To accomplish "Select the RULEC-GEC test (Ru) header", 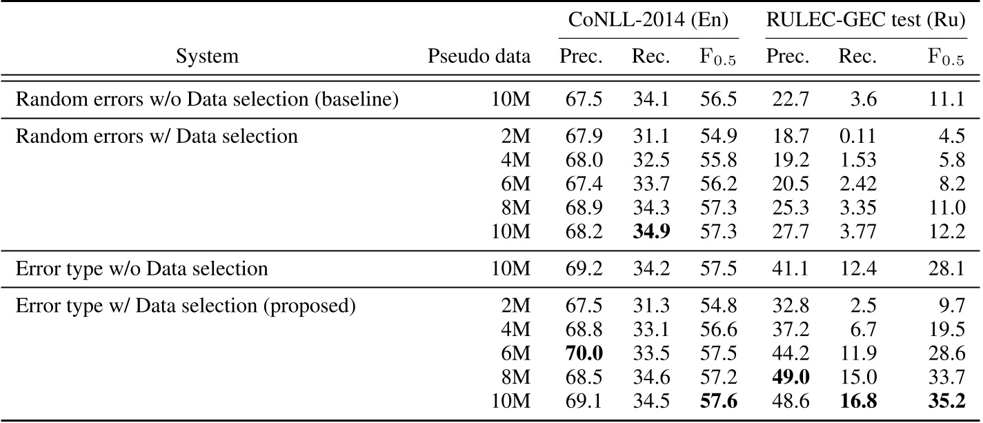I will tap(865, 20).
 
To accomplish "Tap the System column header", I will tap(208, 57).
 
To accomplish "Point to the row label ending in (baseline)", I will tap(208, 99).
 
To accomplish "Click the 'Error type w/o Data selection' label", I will tap(141, 268).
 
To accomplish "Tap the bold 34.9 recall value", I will tap(651, 230).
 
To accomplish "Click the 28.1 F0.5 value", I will tap(946, 268).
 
